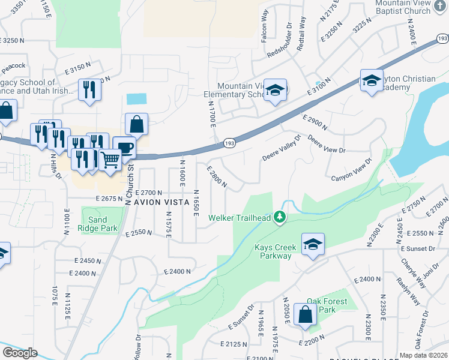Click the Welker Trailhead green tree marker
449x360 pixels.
coord(279,217)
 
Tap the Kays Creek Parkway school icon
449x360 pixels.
coord(313,244)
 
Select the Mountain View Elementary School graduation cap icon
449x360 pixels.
coord(276,90)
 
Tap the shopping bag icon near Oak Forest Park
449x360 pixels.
coord(306,314)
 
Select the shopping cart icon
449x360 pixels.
coord(110,160)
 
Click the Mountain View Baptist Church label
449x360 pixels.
coord(403,7)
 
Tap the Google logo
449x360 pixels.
coord(20,353)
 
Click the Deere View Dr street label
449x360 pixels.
coord(327,145)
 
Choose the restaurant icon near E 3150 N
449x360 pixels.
coord(89,90)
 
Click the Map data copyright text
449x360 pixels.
coord(424,355)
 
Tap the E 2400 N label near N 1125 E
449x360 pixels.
coord(82,273)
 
